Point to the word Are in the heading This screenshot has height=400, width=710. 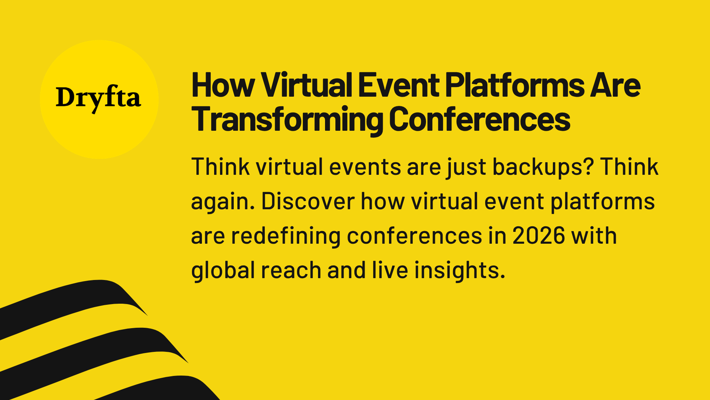tap(615, 86)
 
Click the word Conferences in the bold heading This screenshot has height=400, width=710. tap(480, 120)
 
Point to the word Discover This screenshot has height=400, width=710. tap(308, 201)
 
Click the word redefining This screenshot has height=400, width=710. tap(285, 236)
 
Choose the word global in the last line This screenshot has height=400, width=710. tap(223, 271)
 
